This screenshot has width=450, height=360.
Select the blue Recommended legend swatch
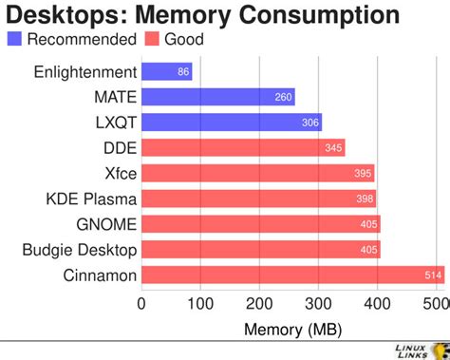point(14,39)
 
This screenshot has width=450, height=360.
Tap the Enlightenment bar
point(166,71)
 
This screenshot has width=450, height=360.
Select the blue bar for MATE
point(217,97)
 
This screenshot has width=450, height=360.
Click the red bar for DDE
point(242,148)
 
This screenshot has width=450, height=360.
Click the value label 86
point(183,71)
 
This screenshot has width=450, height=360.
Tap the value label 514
point(433,275)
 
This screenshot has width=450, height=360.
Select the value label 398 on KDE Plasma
point(365,199)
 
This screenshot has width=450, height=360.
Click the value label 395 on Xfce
point(363,174)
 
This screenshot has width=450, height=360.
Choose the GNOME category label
point(106,224)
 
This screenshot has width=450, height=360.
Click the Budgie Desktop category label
point(80,250)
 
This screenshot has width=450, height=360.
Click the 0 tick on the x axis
point(141,305)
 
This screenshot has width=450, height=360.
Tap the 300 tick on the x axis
point(319,305)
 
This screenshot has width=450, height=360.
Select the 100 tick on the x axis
point(200,305)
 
